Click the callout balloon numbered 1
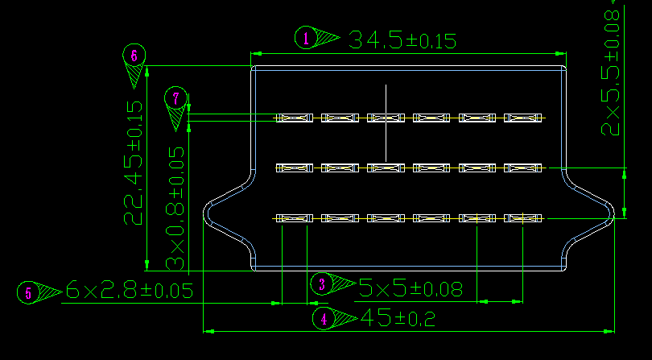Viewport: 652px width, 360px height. [x=306, y=38]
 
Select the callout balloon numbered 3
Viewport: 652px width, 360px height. [x=322, y=284]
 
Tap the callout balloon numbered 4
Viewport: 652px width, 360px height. [x=324, y=319]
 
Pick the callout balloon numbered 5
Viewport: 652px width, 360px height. [x=28, y=292]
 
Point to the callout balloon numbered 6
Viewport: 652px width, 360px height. [x=134, y=56]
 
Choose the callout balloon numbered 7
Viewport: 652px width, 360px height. [x=176, y=98]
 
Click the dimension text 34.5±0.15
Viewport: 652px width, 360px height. [x=402, y=40]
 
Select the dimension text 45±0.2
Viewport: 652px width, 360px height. [x=398, y=318]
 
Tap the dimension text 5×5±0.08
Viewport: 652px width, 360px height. [x=411, y=288]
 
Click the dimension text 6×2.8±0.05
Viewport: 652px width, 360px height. [x=130, y=290]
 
